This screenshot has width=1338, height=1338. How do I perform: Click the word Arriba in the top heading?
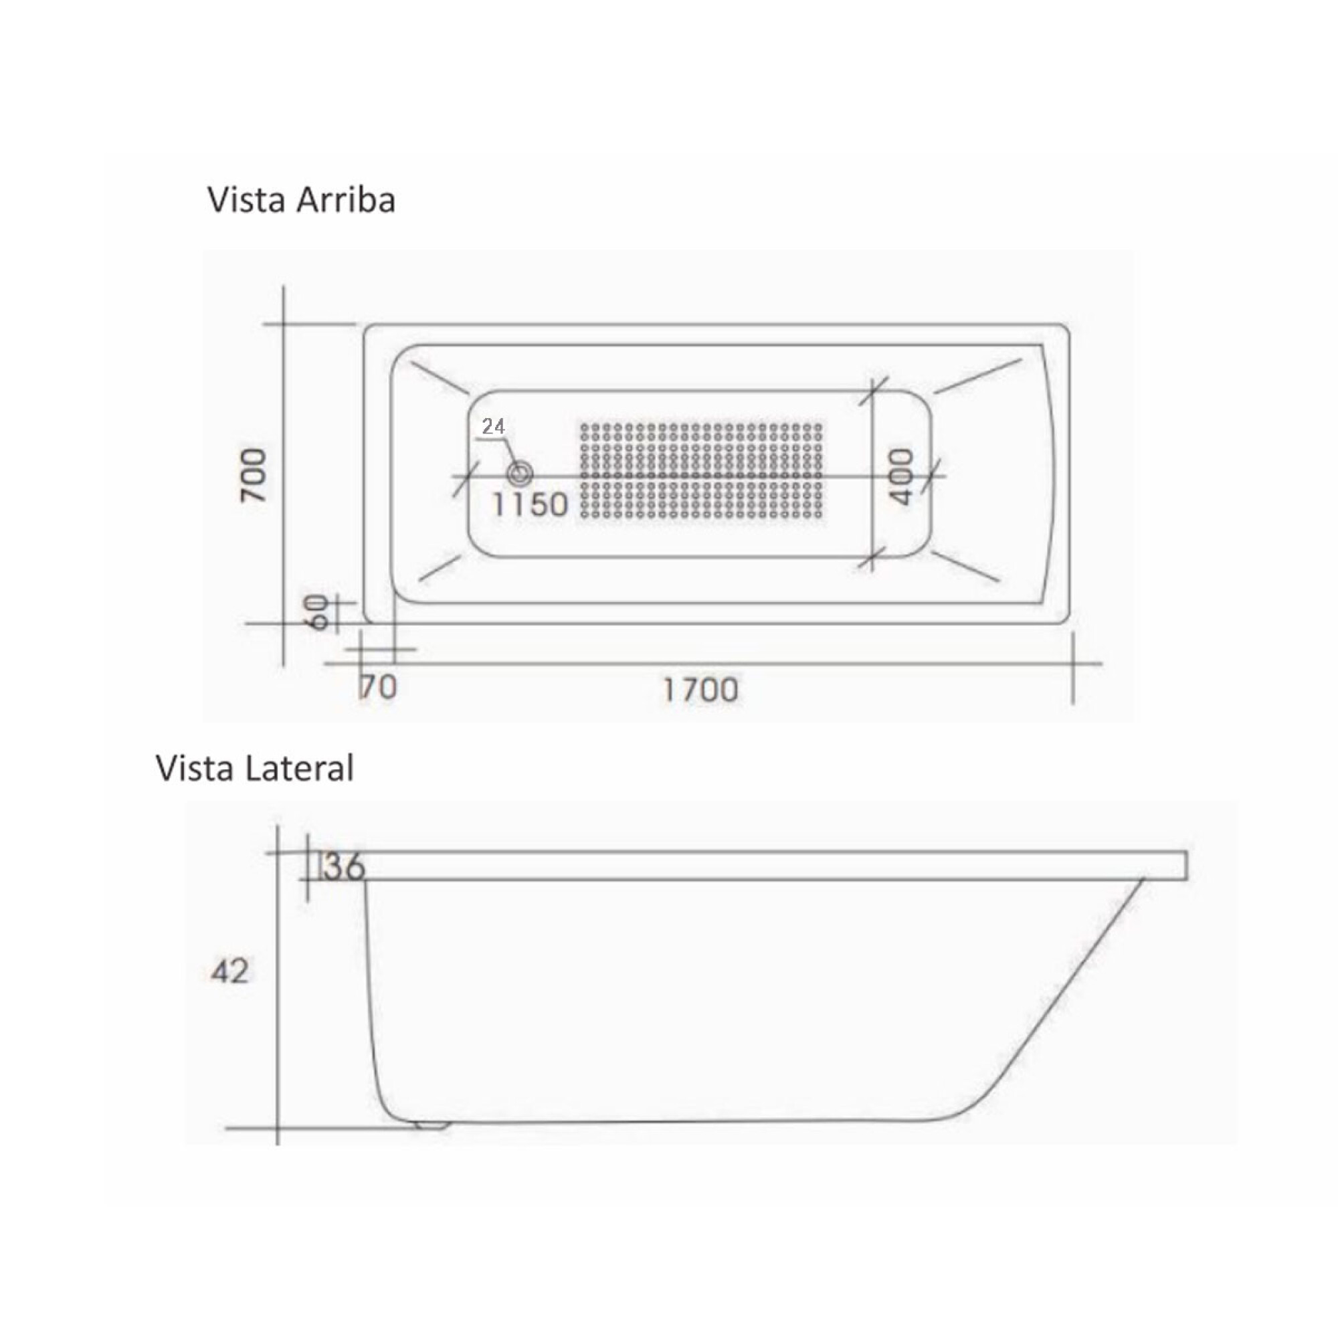coord(346,200)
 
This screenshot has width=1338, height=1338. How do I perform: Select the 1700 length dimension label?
coord(701,690)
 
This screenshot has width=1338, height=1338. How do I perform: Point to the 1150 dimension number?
coord(530,504)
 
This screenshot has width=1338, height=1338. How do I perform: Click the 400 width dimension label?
coord(901,476)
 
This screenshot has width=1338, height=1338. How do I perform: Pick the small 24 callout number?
coord(493,427)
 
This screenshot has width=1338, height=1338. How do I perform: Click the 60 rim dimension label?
coord(319,612)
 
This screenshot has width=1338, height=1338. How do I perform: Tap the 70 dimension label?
coord(378,687)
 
